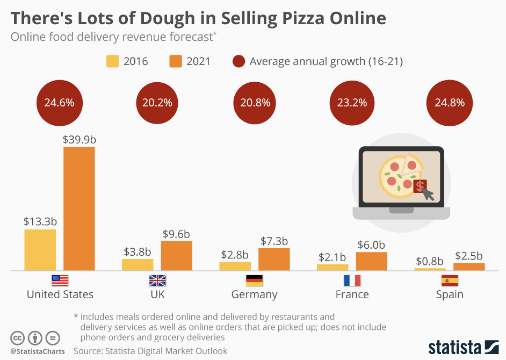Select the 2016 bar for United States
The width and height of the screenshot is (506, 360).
(x=40, y=250)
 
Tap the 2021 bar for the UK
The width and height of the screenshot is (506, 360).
(x=177, y=256)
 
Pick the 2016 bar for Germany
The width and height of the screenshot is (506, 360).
(x=235, y=266)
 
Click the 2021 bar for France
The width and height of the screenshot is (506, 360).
(x=371, y=261)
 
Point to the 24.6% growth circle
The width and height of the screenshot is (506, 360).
(x=59, y=103)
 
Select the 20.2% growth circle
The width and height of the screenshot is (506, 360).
(x=157, y=103)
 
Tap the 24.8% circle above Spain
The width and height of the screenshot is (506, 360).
(x=450, y=103)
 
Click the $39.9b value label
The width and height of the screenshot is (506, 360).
(x=79, y=139)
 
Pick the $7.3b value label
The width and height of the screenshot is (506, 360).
(x=274, y=241)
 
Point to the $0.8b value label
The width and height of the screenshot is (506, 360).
(x=430, y=262)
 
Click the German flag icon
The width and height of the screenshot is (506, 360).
(x=254, y=280)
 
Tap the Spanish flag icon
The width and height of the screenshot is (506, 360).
(x=450, y=280)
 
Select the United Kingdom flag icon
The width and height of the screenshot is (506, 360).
(x=157, y=280)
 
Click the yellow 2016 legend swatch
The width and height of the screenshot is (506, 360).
(x=112, y=61)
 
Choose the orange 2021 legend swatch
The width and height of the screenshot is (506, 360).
(x=176, y=61)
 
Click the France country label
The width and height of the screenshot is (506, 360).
(x=352, y=294)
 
